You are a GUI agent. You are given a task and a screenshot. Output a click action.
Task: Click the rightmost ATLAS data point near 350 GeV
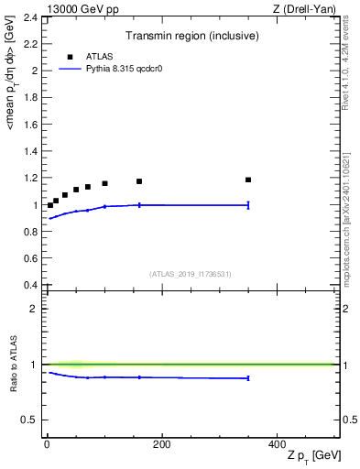[x=248, y=180]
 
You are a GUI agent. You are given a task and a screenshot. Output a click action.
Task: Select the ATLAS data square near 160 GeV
[x=139, y=181]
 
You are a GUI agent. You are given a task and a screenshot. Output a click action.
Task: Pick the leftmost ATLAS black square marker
[x=50, y=205]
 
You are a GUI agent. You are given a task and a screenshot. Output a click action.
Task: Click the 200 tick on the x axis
[x=161, y=444]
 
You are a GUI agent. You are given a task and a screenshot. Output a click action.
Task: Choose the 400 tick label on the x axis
[x=277, y=444]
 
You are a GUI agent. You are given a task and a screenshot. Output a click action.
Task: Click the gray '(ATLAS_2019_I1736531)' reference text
[x=191, y=274]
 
